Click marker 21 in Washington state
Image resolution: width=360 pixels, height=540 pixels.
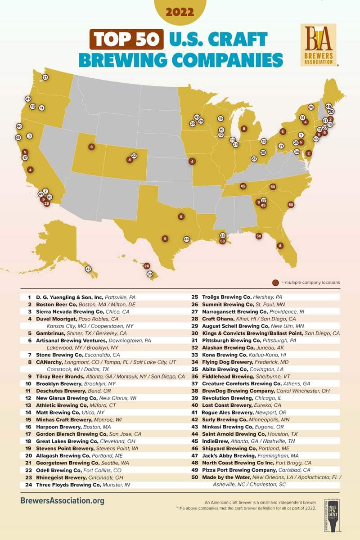pos(45,77)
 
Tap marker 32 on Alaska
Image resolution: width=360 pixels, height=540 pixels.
pos(88,269)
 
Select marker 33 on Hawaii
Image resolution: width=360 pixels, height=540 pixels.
pos(150,274)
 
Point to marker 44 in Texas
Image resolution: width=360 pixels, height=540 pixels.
pos(186,239)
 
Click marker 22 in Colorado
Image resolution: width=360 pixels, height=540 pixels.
pos(134,156)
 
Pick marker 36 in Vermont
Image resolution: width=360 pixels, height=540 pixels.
pos(311,107)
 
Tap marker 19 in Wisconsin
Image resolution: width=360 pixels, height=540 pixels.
pos(220,119)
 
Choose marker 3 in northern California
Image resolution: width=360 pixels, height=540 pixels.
pos(29,135)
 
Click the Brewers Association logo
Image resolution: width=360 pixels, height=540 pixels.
pos(318,45)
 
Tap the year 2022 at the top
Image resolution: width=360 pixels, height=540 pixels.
pos(180,12)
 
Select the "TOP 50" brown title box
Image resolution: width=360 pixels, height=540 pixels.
pos(126,39)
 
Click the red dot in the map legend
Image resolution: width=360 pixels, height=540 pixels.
pos(275,283)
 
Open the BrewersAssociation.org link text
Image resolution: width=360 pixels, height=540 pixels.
pos(63,500)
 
